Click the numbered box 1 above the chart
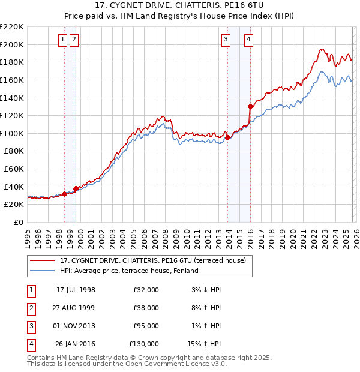tap(63, 40)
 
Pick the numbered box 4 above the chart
tap(248, 40)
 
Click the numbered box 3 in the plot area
tap(226, 40)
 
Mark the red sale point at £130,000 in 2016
tap(250, 106)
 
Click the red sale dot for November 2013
tap(227, 137)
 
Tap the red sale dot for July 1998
tap(65, 193)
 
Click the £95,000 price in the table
tap(146, 326)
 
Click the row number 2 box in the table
tap(31, 308)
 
